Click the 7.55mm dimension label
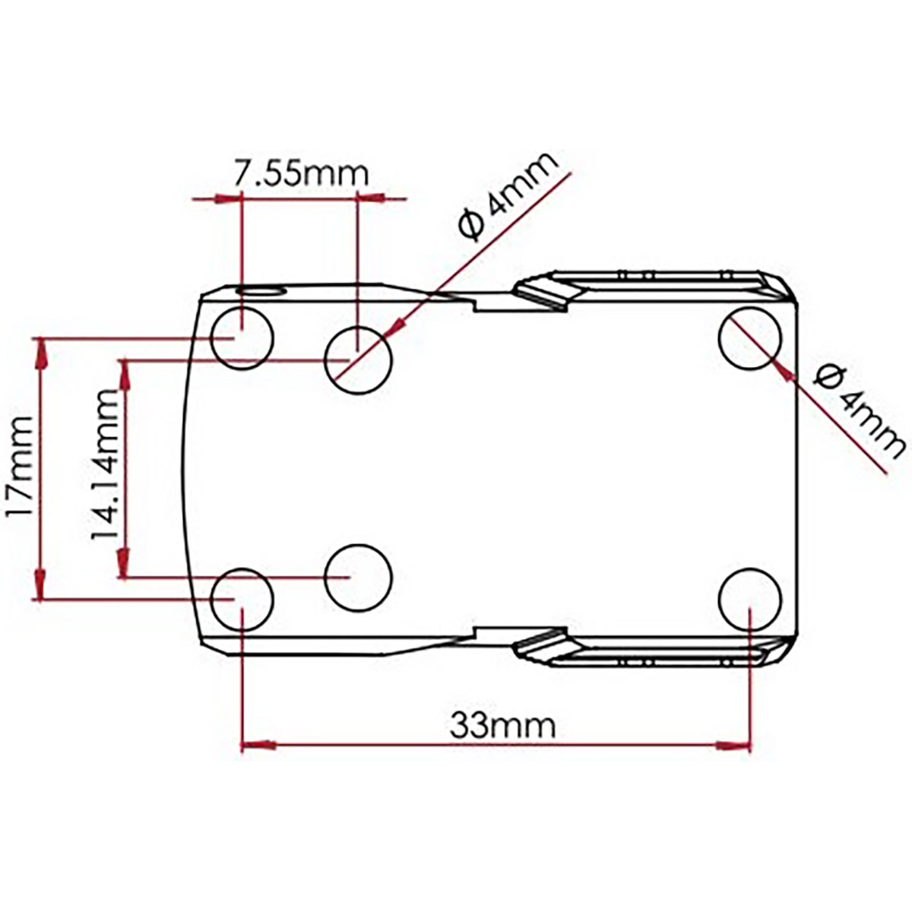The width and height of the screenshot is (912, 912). [x=302, y=174]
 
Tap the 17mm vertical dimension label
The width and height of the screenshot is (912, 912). [x=20, y=467]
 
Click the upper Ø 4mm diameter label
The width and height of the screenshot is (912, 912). [x=508, y=195]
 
